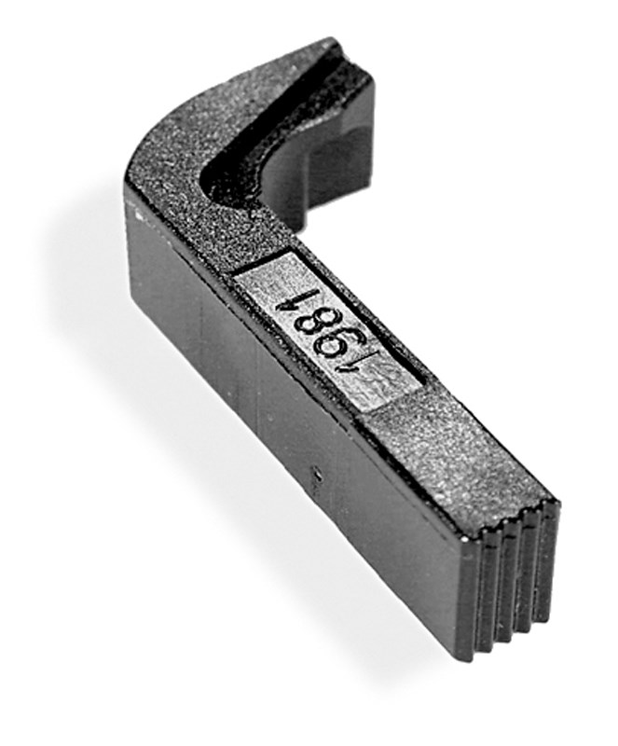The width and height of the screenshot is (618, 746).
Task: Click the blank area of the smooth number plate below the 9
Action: click(380, 385)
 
